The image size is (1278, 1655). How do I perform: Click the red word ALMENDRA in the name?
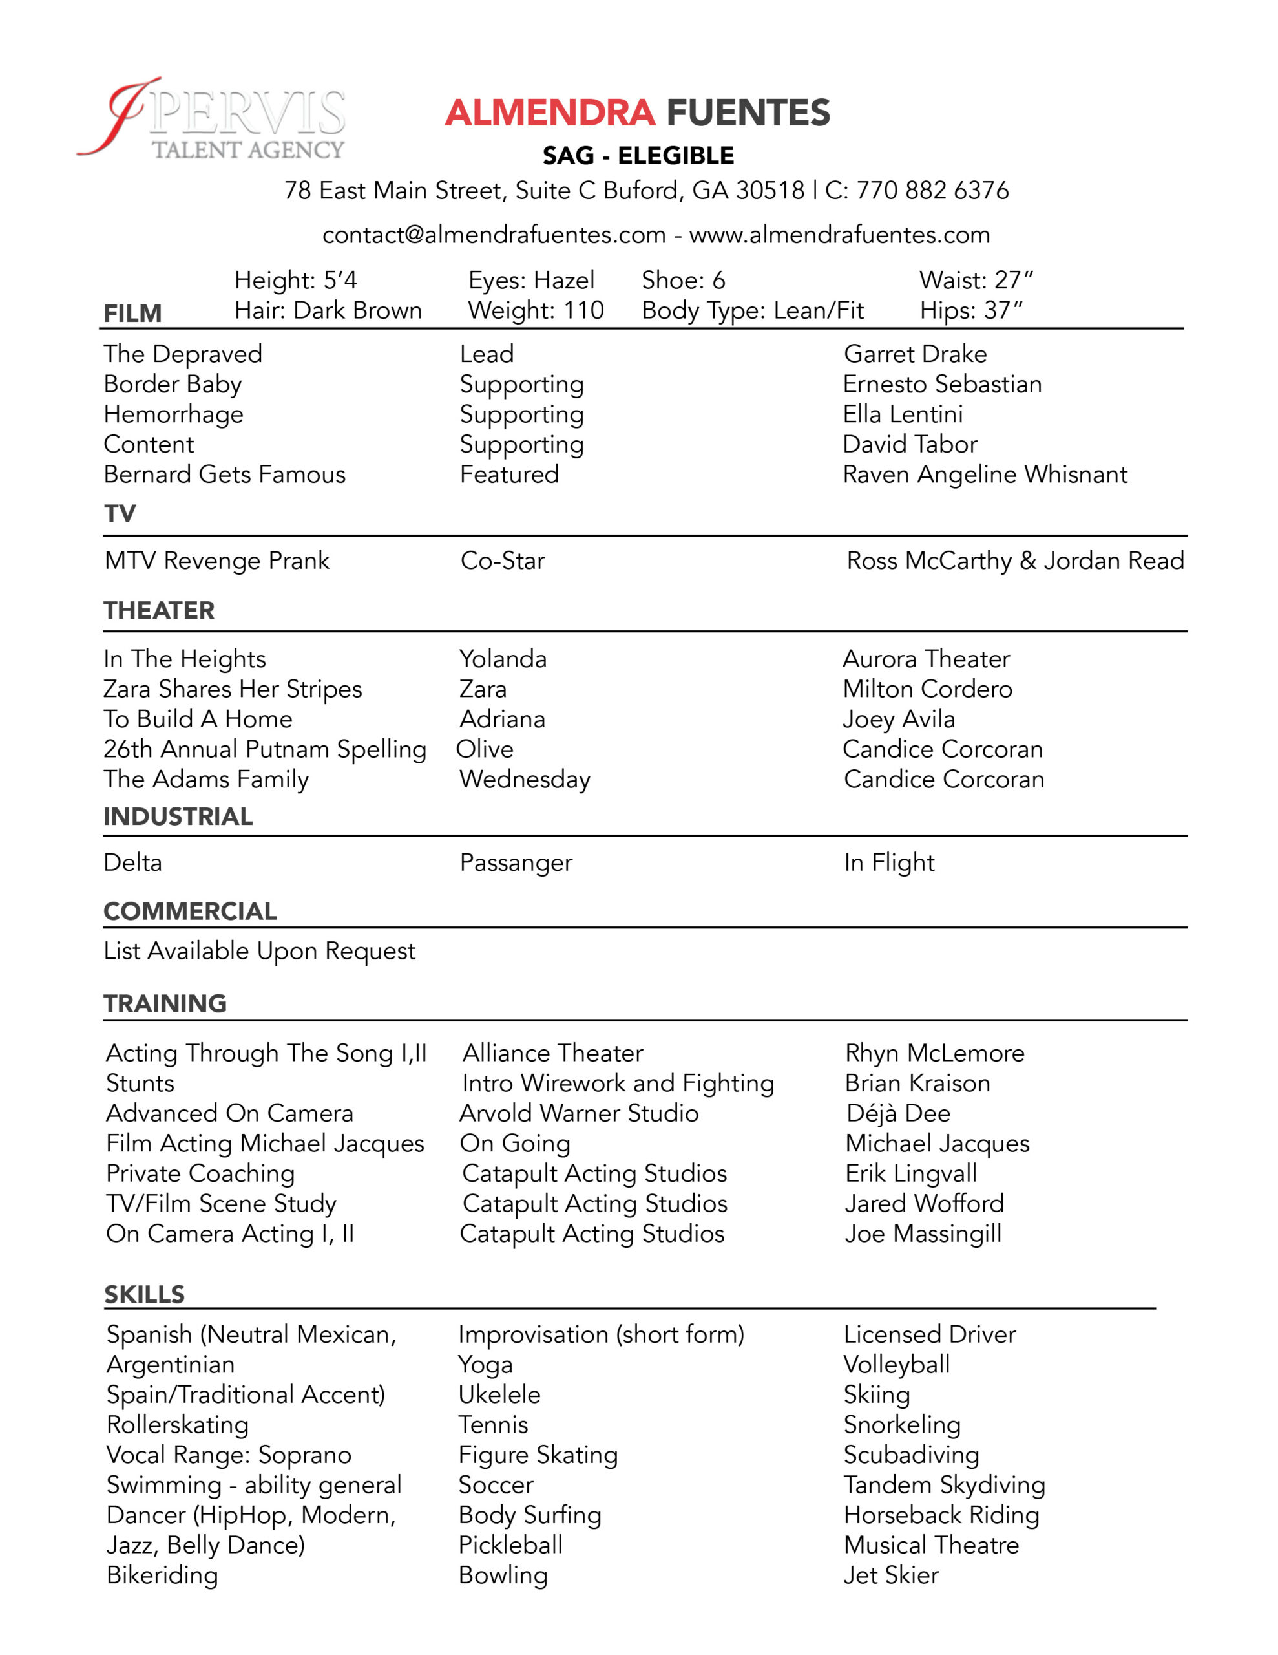coord(549,113)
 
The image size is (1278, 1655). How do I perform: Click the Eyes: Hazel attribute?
coord(531,281)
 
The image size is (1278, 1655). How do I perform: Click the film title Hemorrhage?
coord(174,414)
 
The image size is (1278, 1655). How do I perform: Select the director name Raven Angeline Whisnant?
coord(985,475)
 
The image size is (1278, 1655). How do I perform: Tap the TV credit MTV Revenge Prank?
coord(216,561)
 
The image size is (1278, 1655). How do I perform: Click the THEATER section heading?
coord(159,611)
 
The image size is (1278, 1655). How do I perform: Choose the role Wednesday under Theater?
coord(525,779)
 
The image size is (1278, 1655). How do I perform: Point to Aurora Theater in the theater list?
coord(926,659)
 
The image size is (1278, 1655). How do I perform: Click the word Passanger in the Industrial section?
coord(516,862)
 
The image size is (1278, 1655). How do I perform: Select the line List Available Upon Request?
coord(259,951)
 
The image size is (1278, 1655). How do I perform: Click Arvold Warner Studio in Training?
coord(579,1113)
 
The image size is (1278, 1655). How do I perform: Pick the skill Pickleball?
coord(510,1545)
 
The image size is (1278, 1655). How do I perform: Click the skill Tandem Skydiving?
coord(944,1484)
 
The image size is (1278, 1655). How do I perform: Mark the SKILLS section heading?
coord(144,1294)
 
